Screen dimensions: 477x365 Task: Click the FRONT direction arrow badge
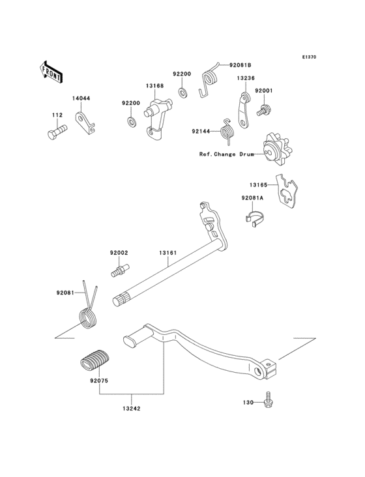(51, 71)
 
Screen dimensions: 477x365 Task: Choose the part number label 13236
(246, 78)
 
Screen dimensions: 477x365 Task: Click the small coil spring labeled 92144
(227, 132)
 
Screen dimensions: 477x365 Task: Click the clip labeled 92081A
(254, 221)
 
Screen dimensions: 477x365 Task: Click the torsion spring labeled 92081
(87, 313)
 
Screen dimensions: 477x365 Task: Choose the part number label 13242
(131, 409)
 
